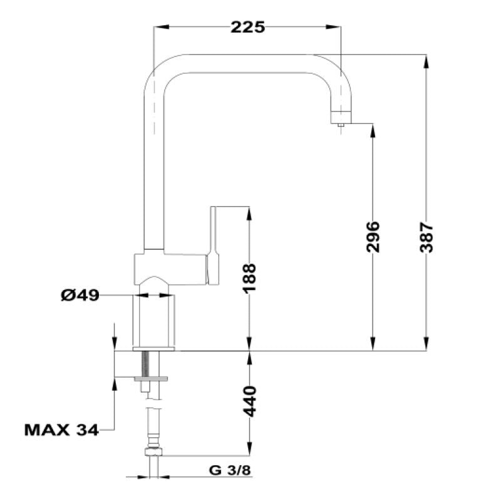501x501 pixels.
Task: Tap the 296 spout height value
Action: tap(373, 237)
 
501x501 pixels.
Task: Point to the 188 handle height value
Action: tap(250, 279)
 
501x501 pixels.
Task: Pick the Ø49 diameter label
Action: tap(80, 295)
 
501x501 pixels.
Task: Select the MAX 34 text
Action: tap(61, 430)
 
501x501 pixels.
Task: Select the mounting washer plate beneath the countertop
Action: tap(152, 378)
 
